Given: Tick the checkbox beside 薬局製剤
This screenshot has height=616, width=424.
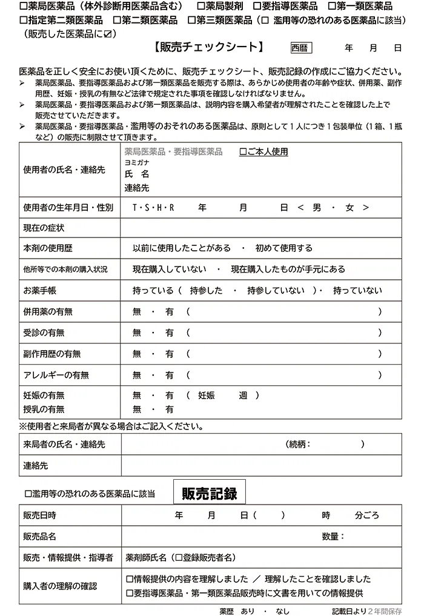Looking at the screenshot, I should (x=200, y=7).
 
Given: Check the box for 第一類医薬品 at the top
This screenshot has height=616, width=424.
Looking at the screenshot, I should (x=331, y=7).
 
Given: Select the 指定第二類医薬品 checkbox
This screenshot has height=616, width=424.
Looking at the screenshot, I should (x=23, y=21).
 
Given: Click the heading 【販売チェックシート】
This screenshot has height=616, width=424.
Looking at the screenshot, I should (x=210, y=47).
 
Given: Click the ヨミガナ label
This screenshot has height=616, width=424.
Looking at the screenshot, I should (x=136, y=162).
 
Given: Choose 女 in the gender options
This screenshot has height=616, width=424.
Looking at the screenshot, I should (x=349, y=207).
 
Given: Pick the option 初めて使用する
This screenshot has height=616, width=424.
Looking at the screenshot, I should (x=283, y=248).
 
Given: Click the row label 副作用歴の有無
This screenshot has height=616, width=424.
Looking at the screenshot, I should (x=51, y=354).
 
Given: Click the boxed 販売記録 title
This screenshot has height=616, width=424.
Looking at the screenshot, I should (x=210, y=493).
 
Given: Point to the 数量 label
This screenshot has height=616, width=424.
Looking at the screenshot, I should (x=333, y=536).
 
